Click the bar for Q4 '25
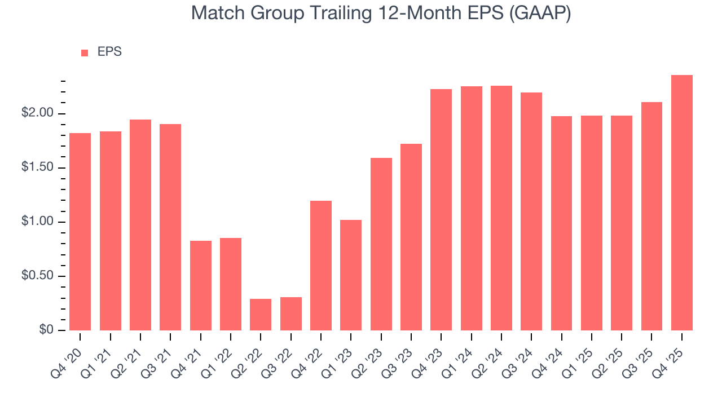[681, 203]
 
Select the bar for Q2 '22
[261, 315]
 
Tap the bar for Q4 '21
[200, 285]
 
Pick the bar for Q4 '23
[441, 210]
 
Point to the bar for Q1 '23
[351, 275]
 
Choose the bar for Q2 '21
[140, 225]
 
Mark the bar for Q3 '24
[531, 211]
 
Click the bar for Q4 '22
[321, 266]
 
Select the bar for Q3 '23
[411, 237]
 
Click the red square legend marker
[85, 52]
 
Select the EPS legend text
[109, 52]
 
